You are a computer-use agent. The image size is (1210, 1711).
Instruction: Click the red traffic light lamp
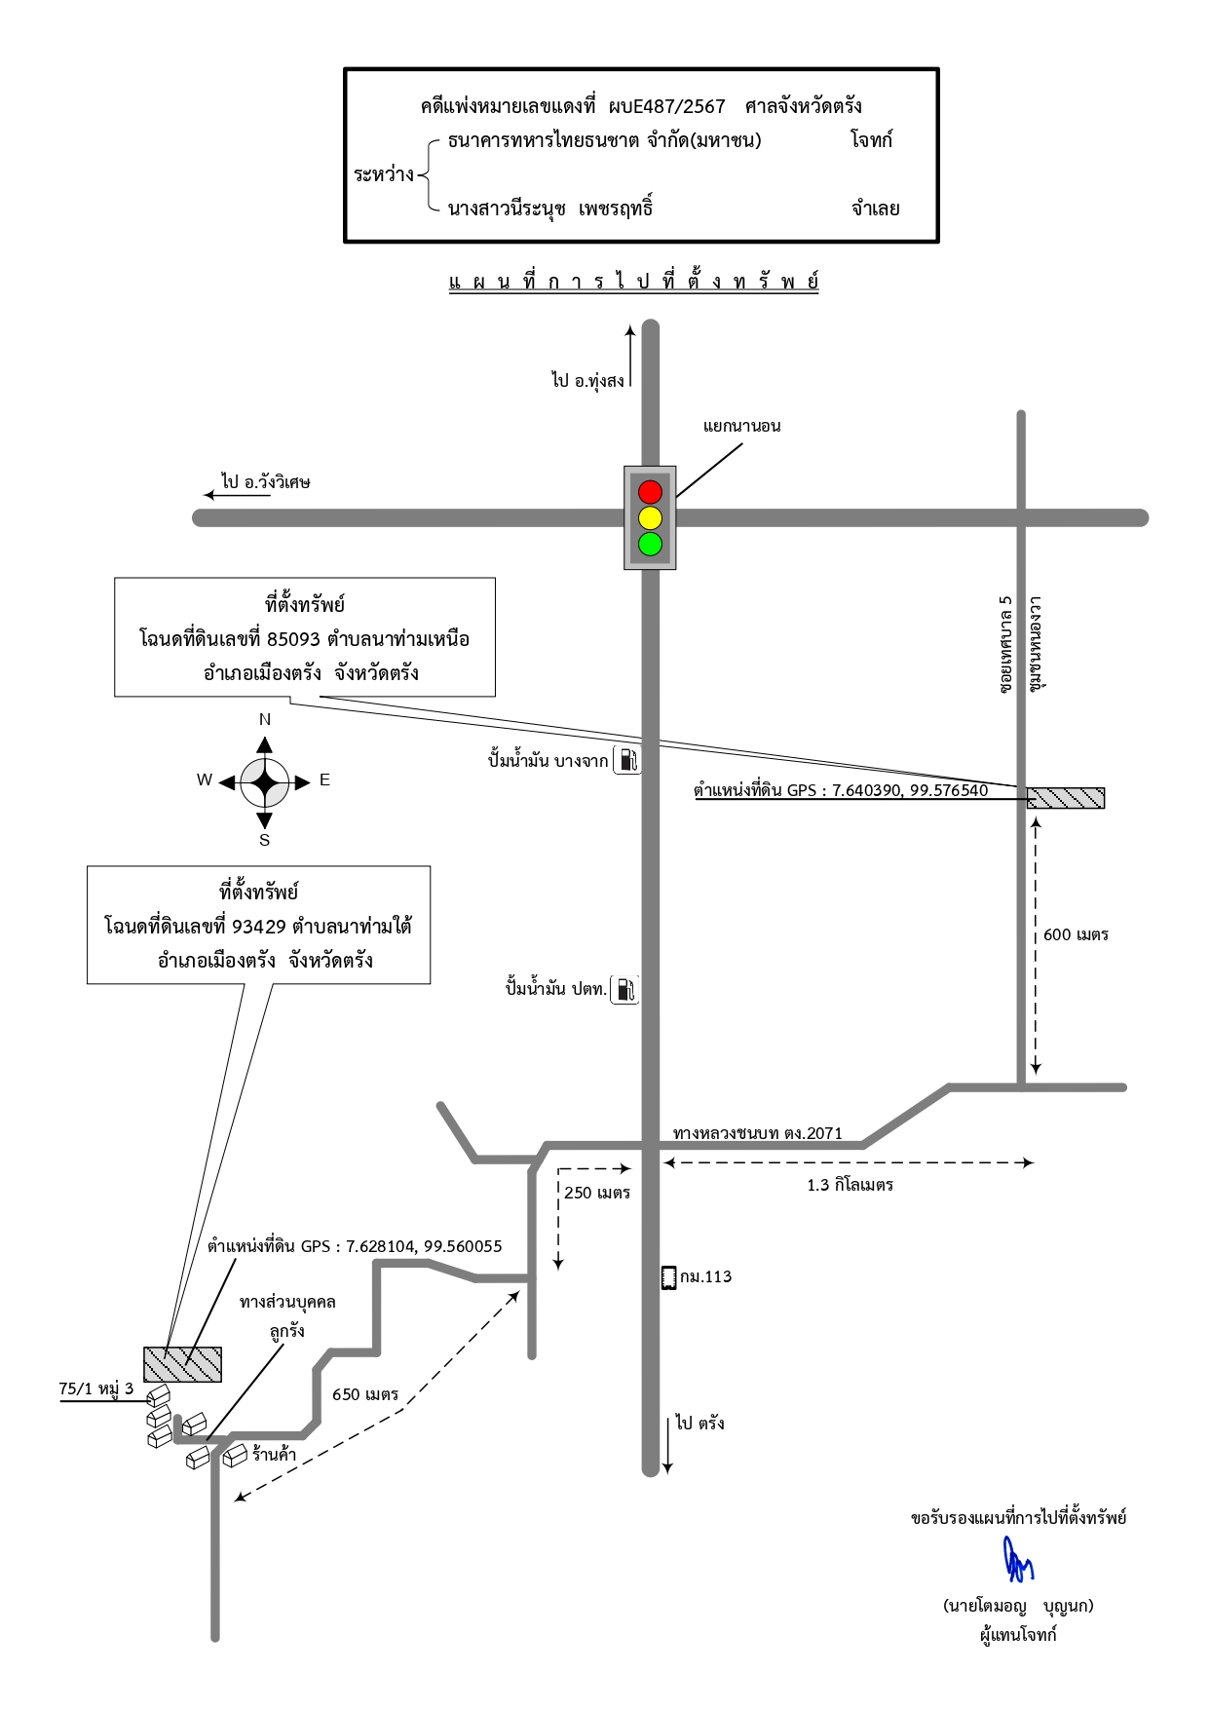pyautogui.click(x=650, y=491)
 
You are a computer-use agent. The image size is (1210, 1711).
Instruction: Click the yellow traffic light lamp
pyautogui.click(x=650, y=517)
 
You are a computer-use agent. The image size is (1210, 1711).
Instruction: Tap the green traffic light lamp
pyautogui.click(x=650, y=544)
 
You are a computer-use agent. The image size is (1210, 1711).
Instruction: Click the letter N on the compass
pyautogui.click(x=264, y=720)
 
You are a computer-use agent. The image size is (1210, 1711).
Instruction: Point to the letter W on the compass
pyautogui.click(x=205, y=779)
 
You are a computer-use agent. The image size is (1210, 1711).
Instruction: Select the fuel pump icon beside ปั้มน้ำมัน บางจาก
pyautogui.click(x=627, y=760)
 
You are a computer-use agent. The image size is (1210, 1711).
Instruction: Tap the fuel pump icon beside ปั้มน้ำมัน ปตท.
pyautogui.click(x=624, y=990)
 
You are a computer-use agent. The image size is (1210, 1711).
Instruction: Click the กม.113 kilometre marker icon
pyautogui.click(x=668, y=1277)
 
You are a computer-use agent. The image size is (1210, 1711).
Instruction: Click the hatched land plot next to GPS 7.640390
pyautogui.click(x=1066, y=798)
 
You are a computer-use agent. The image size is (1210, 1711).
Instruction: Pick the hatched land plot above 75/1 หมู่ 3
pyautogui.click(x=182, y=1364)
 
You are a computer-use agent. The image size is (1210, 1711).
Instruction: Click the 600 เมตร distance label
pyautogui.click(x=1076, y=934)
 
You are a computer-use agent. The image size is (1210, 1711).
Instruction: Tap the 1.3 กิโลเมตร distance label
pyautogui.click(x=850, y=1185)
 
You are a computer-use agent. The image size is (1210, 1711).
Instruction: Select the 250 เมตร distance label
pyautogui.click(x=597, y=1193)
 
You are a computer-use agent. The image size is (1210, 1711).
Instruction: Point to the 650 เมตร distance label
pyautogui.click(x=365, y=1394)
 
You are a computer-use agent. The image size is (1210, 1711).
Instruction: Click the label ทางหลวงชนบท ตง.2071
pyautogui.click(x=758, y=1133)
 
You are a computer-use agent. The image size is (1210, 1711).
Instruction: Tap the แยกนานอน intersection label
pyautogui.click(x=741, y=426)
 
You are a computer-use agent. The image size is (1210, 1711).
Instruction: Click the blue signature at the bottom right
pyautogui.click(x=1018, y=1559)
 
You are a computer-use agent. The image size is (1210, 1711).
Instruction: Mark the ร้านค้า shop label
pyautogui.click(x=274, y=1455)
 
